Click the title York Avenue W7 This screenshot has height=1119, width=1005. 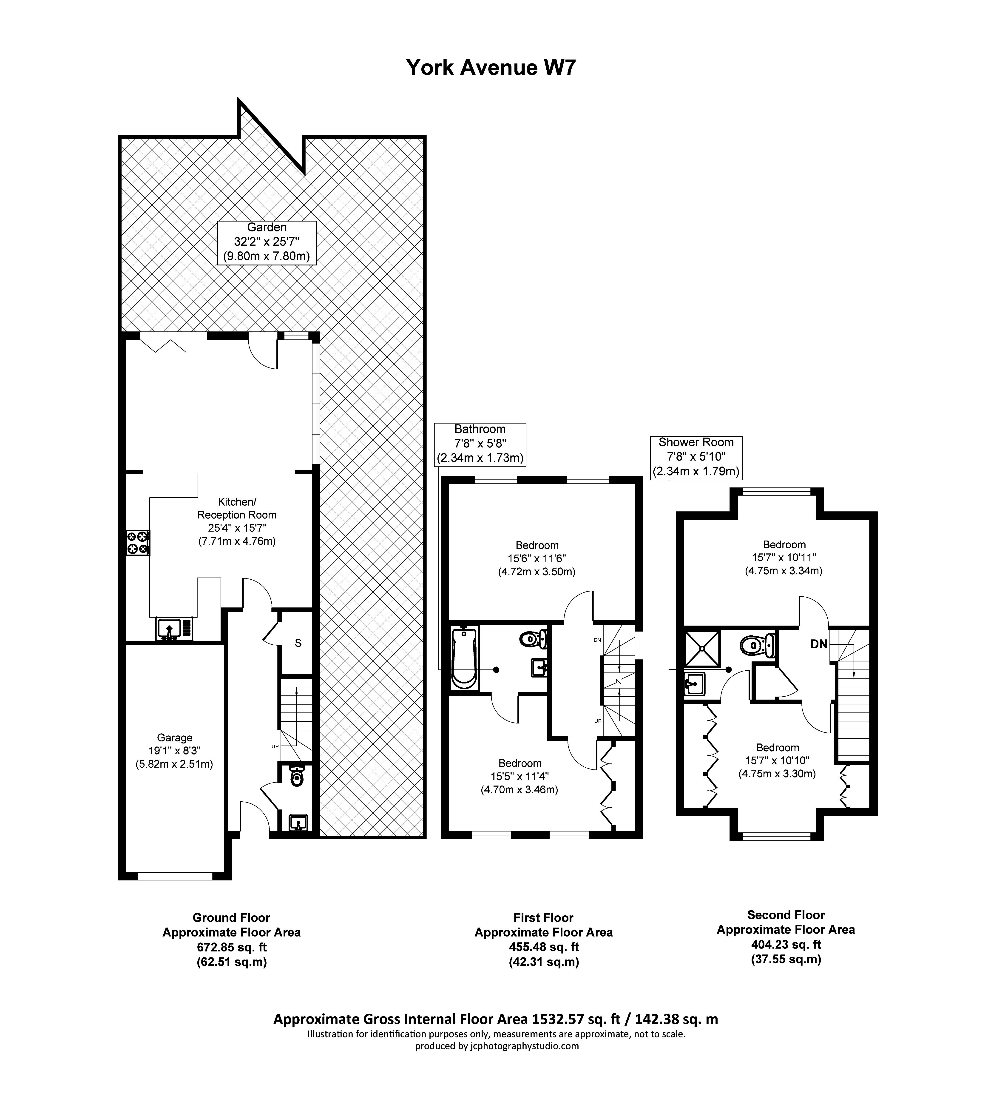(x=491, y=67)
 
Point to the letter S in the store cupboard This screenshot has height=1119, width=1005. (x=298, y=643)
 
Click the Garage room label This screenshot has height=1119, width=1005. (x=174, y=751)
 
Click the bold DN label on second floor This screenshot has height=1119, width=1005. (x=819, y=644)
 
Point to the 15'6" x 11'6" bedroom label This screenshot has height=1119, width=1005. (x=537, y=558)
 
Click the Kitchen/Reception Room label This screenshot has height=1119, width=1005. (x=237, y=521)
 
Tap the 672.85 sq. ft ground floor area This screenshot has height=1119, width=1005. (x=231, y=947)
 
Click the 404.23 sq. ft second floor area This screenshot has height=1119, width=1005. (x=786, y=944)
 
